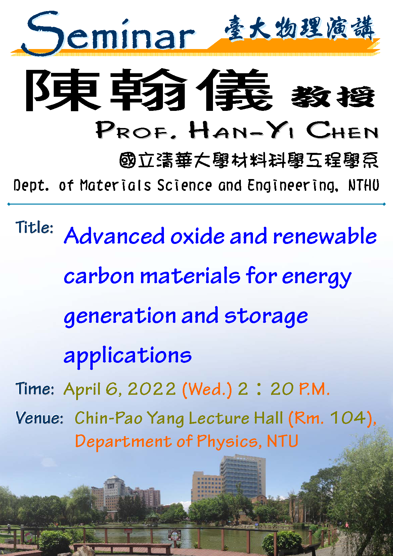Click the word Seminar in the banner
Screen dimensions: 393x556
(x=108, y=34)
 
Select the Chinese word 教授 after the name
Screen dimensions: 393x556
(x=333, y=97)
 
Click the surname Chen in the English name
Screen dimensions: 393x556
(x=342, y=130)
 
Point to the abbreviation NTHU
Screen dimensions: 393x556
(x=364, y=185)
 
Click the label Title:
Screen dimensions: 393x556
(x=35, y=227)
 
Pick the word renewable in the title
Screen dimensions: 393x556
(x=325, y=236)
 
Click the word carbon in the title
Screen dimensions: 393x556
(x=99, y=276)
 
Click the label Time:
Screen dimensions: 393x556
(x=35, y=389)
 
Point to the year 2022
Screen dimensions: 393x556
(x=152, y=389)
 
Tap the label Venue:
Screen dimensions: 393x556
(x=40, y=418)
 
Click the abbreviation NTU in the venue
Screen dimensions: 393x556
(x=282, y=441)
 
